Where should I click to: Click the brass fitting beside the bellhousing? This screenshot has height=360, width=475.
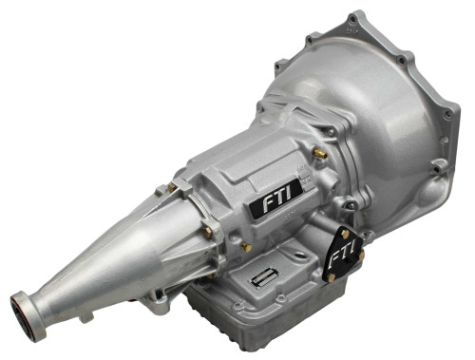pos(320,152)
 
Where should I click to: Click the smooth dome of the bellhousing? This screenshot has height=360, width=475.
pos(380,104)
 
